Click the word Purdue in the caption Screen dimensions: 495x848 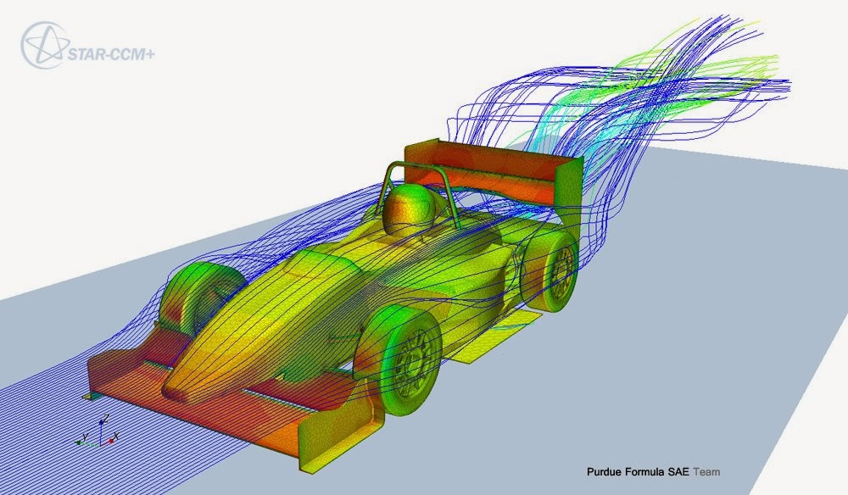pos(605,471)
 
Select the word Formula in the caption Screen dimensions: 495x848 pos(647,471)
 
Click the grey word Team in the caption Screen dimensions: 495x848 pos(707,471)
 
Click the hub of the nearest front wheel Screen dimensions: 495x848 pos(416,360)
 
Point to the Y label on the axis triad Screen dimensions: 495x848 pos(86,437)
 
